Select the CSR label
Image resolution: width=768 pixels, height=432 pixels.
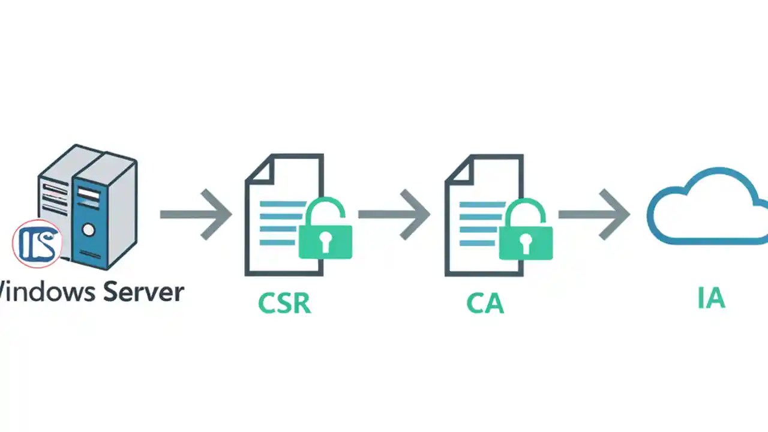(x=284, y=304)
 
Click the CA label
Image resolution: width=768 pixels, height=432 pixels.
(x=485, y=304)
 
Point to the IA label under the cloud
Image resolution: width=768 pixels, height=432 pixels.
(x=712, y=298)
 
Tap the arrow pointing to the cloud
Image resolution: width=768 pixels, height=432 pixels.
(x=595, y=214)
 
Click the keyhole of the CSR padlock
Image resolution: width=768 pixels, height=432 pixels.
(x=325, y=242)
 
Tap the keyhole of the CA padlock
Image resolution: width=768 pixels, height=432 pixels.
(x=526, y=242)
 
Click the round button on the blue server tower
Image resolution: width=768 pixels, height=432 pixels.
(x=89, y=229)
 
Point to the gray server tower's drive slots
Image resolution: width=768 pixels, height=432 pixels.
(x=54, y=198)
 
